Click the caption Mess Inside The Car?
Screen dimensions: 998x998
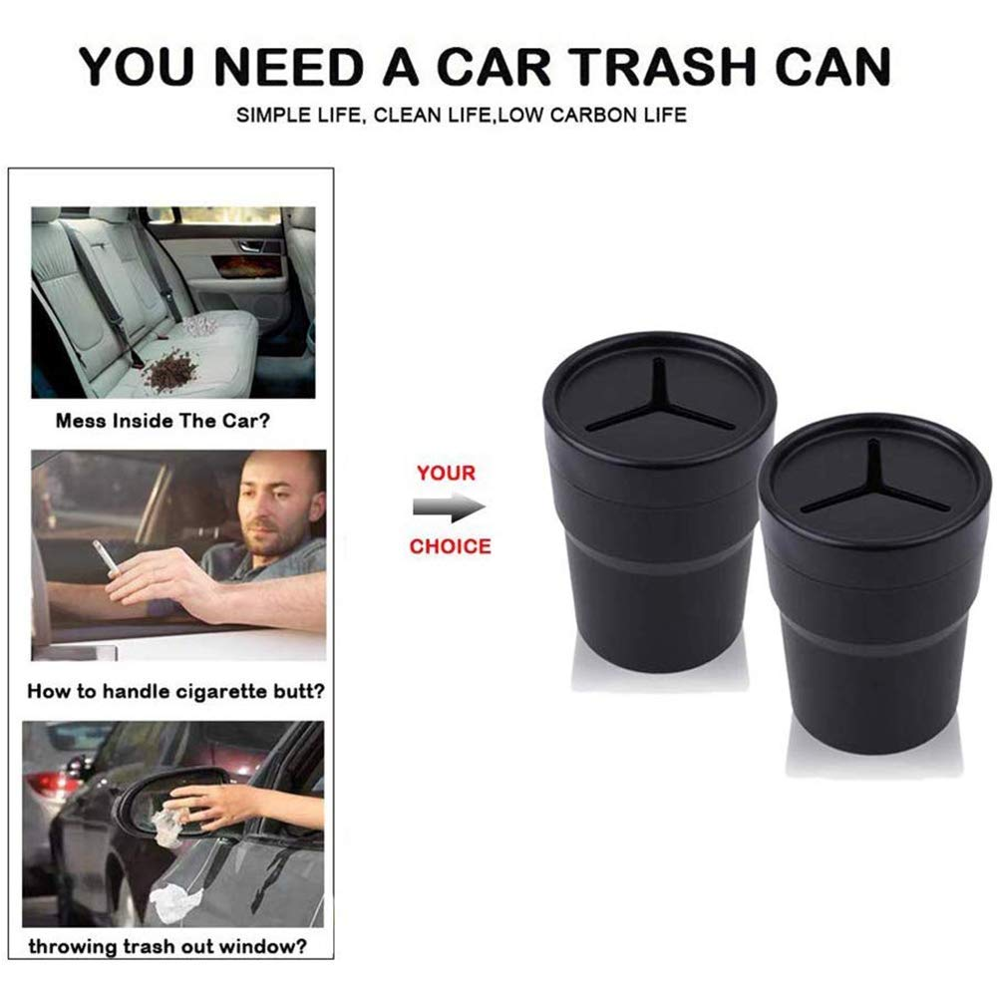[x=162, y=420]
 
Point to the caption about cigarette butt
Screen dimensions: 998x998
[x=174, y=689]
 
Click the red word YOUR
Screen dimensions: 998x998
[x=446, y=473]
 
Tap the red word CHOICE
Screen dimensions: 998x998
[x=450, y=546]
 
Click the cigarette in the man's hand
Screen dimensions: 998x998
[x=104, y=557]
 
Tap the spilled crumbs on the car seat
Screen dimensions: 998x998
[x=171, y=374]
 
